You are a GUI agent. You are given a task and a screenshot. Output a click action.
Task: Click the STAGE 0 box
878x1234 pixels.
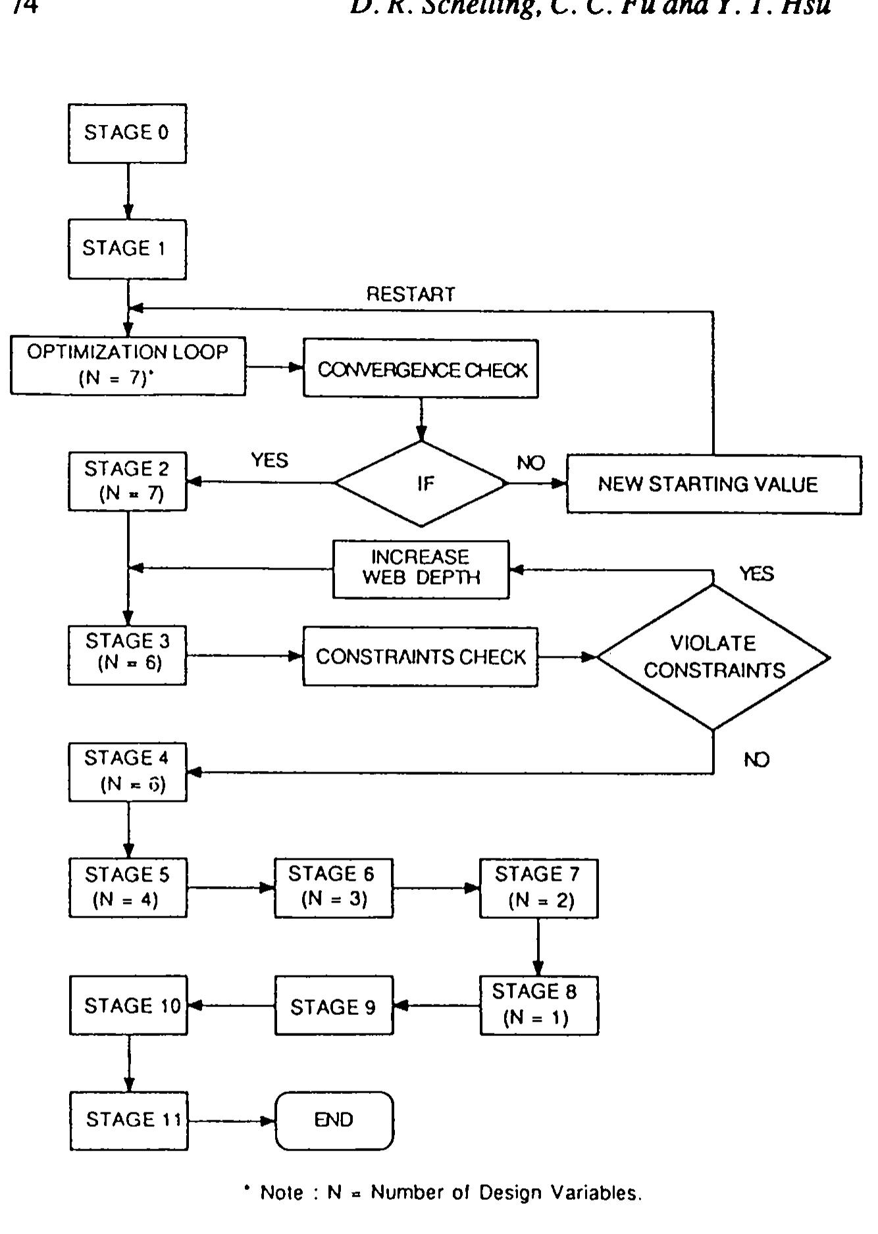(x=127, y=134)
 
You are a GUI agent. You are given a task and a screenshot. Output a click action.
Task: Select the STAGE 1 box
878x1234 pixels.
(x=127, y=249)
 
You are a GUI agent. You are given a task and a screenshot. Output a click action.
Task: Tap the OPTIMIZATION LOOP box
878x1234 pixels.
(x=128, y=366)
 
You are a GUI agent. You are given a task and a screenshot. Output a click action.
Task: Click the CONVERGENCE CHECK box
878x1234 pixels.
(x=421, y=369)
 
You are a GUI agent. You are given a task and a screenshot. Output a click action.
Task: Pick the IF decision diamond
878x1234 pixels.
(x=421, y=483)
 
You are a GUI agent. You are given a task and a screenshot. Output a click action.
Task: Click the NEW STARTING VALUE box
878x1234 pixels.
(x=713, y=485)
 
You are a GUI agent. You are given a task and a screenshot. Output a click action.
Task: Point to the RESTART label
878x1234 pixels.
(x=411, y=294)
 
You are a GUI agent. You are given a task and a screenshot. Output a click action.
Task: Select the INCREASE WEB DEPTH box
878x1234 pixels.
(x=421, y=568)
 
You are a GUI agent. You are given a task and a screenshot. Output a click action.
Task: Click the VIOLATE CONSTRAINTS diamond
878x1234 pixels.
(x=713, y=656)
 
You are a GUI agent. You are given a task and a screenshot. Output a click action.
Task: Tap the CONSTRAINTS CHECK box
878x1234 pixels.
(x=420, y=656)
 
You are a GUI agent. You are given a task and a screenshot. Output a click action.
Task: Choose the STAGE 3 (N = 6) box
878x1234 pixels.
(x=127, y=656)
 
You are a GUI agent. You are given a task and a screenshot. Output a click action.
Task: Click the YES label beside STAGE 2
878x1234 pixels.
(x=269, y=460)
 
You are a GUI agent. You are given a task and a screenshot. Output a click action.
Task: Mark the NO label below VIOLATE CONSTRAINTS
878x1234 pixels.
(x=756, y=760)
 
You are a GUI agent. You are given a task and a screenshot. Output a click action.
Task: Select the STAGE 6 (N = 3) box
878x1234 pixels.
(x=333, y=887)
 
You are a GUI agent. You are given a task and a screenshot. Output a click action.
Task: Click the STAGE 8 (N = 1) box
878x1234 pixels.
(x=538, y=1005)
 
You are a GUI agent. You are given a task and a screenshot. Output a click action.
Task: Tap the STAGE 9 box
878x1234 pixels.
(x=333, y=1006)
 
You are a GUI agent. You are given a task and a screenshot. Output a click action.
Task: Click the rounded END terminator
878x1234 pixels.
(x=334, y=1120)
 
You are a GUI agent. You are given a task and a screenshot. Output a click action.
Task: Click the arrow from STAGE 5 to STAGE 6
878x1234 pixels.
(x=230, y=888)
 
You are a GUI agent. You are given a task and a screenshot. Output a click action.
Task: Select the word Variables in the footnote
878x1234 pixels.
(x=596, y=1193)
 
